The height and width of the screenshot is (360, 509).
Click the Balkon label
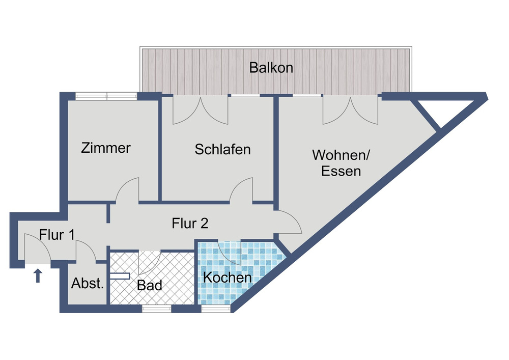coord(271,68)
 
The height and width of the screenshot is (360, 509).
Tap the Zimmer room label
coord(106,148)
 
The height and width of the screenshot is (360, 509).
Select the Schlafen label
coord(222,150)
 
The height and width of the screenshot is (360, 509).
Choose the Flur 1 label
coord(58,235)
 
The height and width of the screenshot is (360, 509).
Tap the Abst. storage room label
coord(88,284)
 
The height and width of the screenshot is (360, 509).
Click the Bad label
coord(149,285)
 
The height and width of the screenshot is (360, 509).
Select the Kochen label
coord(227,278)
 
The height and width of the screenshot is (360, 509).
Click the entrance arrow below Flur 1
coord(37,276)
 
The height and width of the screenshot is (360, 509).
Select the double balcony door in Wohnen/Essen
coord(350,111)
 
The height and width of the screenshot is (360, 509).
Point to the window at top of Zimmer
coord(106,96)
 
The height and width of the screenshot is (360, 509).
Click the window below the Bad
coord(156,308)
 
